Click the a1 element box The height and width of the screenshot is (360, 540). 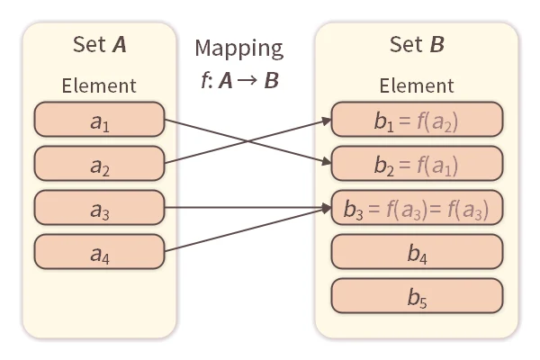tap(99, 120)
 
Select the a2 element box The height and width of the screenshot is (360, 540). tap(99, 164)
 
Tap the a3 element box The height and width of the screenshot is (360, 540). tap(99, 208)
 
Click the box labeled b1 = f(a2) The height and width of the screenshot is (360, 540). tap(416, 120)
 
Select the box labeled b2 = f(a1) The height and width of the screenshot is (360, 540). tap(416, 164)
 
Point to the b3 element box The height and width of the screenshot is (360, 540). tap(416, 208)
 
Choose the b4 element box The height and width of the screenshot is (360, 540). tap(416, 252)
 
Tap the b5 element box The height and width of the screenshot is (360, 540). tap(416, 295)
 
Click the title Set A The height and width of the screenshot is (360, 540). tap(99, 45)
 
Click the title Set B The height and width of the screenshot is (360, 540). tap(416, 45)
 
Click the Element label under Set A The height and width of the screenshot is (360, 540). tap(99, 86)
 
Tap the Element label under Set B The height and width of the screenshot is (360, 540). tap(416, 86)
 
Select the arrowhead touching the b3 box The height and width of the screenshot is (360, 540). tap(326, 208)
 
